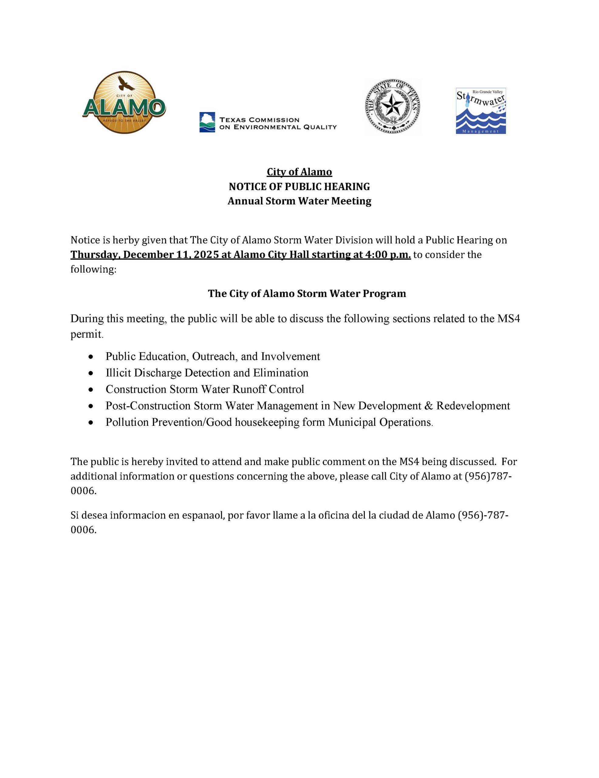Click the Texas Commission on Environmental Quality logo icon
click(207, 122)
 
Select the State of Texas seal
click(392, 106)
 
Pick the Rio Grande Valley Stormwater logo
click(481, 111)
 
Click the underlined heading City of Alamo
click(299, 172)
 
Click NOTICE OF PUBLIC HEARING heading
click(299, 186)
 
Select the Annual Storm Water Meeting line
click(299, 201)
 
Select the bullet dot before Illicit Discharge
click(91, 373)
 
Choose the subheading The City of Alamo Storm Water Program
click(306, 294)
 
